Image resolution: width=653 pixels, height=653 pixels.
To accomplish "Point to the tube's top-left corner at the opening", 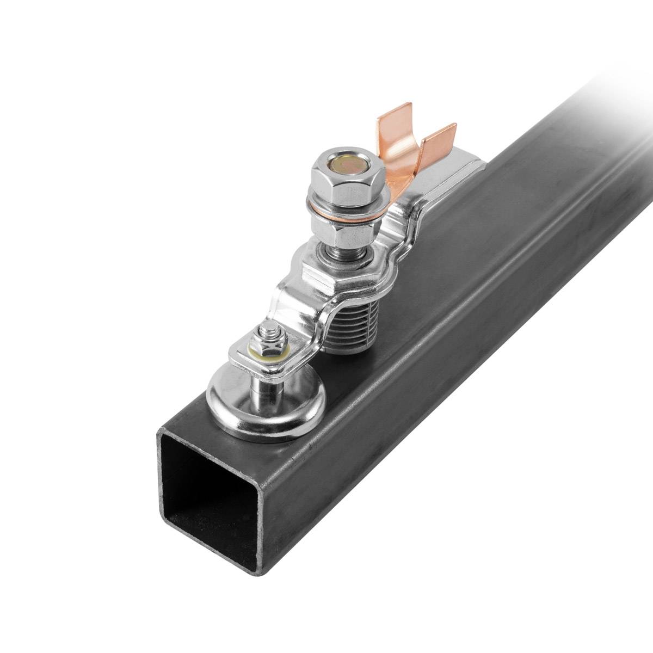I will pyautogui.click(x=159, y=433).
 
